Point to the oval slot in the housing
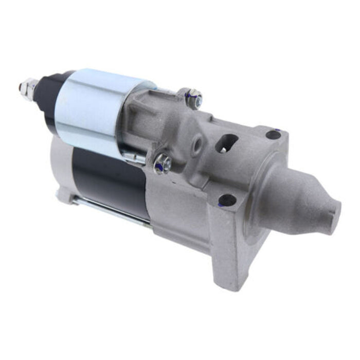(226, 143)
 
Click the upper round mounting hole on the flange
(273, 135)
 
